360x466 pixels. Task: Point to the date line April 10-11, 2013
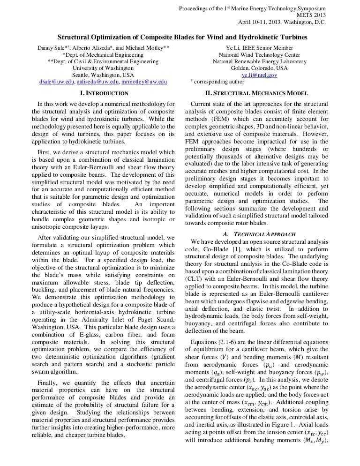pos(282,22)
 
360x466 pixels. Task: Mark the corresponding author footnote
pos(214,82)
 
